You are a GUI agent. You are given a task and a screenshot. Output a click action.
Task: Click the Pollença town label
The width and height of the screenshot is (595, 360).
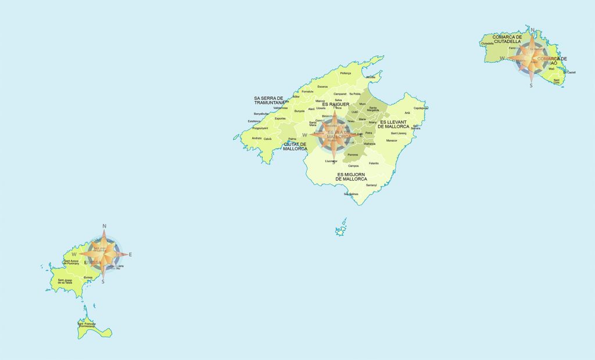(346, 74)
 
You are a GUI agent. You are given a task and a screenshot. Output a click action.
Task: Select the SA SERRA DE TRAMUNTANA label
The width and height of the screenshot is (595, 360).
(268, 100)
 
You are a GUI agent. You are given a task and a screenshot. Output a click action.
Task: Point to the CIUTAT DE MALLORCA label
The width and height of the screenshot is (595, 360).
(295, 146)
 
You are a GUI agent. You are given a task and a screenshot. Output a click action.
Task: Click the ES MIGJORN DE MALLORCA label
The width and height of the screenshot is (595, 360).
(352, 177)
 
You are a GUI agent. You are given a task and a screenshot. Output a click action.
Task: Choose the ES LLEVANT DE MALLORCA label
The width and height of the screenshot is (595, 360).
(393, 124)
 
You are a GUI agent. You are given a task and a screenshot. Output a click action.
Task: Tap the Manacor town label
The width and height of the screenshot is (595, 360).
(392, 141)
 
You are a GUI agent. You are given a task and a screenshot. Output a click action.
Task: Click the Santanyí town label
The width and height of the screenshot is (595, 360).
(371, 185)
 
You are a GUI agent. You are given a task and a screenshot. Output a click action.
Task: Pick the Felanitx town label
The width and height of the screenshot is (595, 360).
(373, 163)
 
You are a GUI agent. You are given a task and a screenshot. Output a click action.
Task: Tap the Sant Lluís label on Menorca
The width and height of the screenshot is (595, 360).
(557, 82)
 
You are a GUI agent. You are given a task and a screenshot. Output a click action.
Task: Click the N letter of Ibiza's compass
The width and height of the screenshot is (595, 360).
(104, 226)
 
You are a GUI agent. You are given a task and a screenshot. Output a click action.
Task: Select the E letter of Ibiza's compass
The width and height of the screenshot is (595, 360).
(130, 254)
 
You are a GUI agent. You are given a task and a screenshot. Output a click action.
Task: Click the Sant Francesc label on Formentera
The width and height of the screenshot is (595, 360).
(86, 325)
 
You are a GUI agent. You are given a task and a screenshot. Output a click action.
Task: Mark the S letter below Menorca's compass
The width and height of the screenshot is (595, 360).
(531, 85)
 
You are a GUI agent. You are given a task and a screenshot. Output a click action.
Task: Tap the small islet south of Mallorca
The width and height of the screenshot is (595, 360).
(340, 230)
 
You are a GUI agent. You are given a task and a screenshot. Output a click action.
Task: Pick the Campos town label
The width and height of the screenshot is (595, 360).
(345, 166)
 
